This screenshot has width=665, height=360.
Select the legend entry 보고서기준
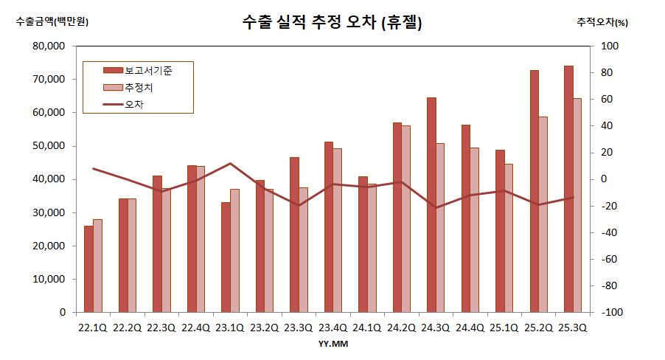148,69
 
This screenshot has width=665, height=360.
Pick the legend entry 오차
134,105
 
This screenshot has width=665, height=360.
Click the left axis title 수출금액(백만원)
52,21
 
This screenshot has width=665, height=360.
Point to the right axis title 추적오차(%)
602,22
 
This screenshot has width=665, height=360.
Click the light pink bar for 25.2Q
543,214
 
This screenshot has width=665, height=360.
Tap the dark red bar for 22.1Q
88,269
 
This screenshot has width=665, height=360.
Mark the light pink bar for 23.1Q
234,250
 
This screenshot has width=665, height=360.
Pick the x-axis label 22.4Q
195,327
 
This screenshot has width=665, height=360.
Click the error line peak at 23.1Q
230,164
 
